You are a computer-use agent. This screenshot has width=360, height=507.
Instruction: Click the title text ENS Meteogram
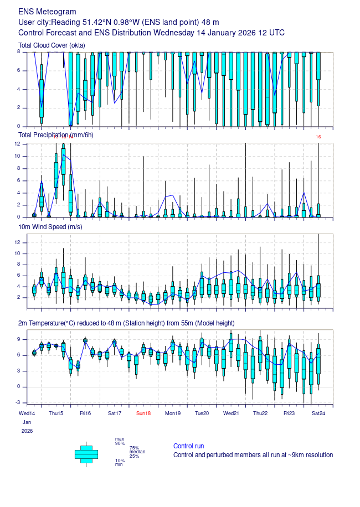click(48, 12)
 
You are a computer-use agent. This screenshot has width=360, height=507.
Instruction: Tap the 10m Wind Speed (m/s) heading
click(51, 227)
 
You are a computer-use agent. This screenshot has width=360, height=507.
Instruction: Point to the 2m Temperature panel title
click(126, 323)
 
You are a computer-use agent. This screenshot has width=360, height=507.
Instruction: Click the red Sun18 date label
click(143, 413)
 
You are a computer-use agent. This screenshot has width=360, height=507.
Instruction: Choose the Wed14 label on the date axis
click(27, 413)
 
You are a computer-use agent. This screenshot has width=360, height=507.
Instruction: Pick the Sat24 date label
click(318, 413)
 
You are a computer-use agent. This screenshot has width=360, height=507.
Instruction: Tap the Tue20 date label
click(202, 413)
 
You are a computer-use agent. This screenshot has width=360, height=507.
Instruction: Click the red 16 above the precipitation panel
click(318, 137)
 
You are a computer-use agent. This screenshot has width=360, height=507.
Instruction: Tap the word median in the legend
click(137, 452)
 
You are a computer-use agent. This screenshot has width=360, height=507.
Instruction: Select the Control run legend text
click(188, 446)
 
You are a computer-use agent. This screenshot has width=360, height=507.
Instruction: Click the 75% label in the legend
click(134, 448)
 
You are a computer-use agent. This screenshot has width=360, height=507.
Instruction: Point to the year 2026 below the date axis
click(27, 431)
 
